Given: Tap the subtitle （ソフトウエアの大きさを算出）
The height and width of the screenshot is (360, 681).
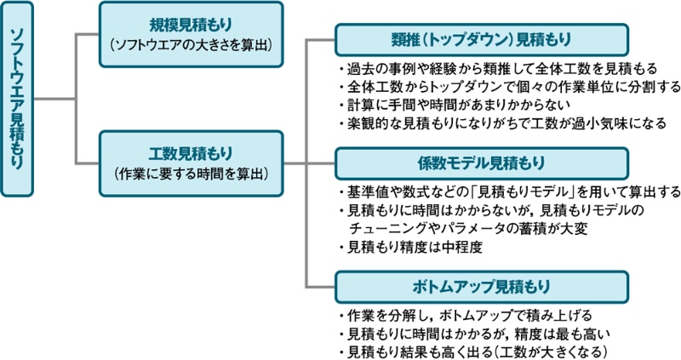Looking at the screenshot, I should coord(190,43).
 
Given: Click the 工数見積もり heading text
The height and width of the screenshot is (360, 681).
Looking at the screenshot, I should coord(190,153).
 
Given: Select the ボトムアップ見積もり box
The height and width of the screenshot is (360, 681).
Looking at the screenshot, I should coord(482,284).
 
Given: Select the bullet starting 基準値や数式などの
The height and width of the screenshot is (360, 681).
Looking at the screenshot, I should coord(509,191).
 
